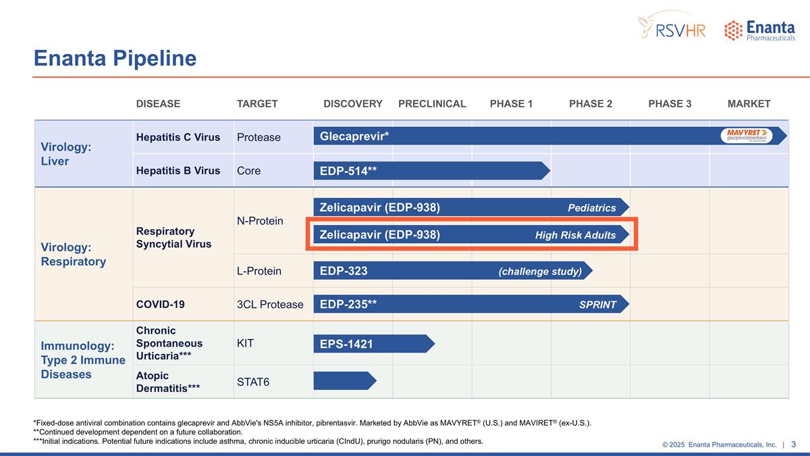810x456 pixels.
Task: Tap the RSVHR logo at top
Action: pyautogui.click(x=672, y=27)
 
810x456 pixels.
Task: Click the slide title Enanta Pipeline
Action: pyautogui.click(x=115, y=59)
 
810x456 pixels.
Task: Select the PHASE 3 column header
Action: pyautogui.click(x=670, y=103)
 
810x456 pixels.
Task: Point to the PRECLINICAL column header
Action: pyautogui.click(x=432, y=103)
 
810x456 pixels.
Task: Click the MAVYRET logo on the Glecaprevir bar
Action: pyautogui.click(x=746, y=136)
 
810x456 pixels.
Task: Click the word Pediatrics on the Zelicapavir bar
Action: pyautogui.click(x=591, y=208)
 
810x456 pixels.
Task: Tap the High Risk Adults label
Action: pyautogui.click(x=575, y=235)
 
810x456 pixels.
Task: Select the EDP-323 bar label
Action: pyautogui.click(x=344, y=271)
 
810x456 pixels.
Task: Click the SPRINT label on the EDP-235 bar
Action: pyautogui.click(x=597, y=305)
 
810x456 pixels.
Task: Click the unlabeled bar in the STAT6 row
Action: pyautogui.click(x=343, y=381)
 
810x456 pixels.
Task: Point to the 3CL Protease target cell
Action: pyautogui.click(x=270, y=305)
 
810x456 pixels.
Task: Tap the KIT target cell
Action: pyautogui.click(x=245, y=343)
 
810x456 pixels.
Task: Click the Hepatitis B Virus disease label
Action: pyautogui.click(x=178, y=171)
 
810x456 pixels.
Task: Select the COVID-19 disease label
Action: pyautogui.click(x=161, y=305)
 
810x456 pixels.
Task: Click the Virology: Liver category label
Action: pyautogui.click(x=65, y=154)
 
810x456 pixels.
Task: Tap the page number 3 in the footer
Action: pyautogui.click(x=794, y=444)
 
